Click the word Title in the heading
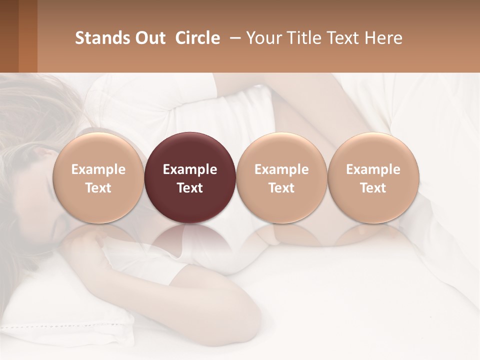click(304, 38)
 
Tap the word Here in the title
click(384, 38)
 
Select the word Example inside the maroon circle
click(190, 169)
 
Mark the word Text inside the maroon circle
click(190, 188)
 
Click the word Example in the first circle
click(98, 169)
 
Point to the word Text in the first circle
click(98, 188)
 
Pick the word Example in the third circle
click(281, 169)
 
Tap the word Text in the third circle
click(281, 188)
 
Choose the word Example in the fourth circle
click(373, 169)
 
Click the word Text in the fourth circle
click(373, 188)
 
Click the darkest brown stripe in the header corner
click(9, 36)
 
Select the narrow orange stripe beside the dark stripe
click(27, 36)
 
